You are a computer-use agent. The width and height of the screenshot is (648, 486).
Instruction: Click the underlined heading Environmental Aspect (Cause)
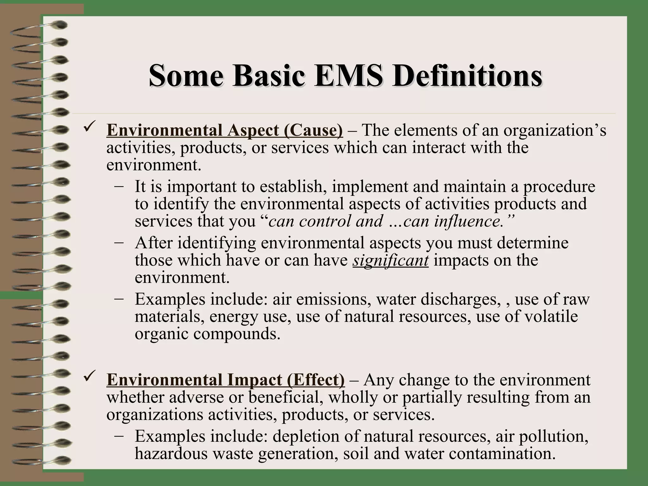(x=225, y=130)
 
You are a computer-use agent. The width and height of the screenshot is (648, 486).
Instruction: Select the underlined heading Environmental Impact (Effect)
(x=226, y=380)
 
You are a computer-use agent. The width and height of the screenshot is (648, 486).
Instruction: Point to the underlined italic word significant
(x=390, y=260)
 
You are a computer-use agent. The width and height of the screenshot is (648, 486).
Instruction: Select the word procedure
(x=559, y=187)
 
